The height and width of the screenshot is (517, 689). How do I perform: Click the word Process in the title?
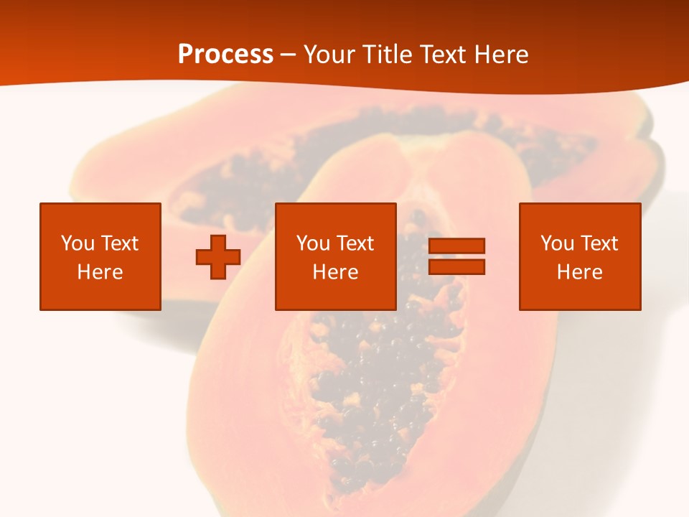(225, 55)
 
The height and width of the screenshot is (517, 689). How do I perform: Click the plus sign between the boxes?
(218, 256)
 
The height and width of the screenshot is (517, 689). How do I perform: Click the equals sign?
(456, 256)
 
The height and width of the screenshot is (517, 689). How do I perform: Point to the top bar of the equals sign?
(456, 246)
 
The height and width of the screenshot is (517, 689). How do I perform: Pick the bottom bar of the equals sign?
(456, 266)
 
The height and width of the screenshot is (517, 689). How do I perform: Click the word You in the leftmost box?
(77, 243)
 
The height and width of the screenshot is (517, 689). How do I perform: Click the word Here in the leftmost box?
(100, 272)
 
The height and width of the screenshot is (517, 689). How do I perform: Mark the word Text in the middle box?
(355, 243)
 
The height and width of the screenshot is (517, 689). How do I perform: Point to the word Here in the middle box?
(336, 272)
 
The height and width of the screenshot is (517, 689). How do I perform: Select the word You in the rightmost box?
(557, 243)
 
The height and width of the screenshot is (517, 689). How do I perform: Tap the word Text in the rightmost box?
(599, 243)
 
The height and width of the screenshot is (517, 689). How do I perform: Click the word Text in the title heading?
(440, 55)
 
